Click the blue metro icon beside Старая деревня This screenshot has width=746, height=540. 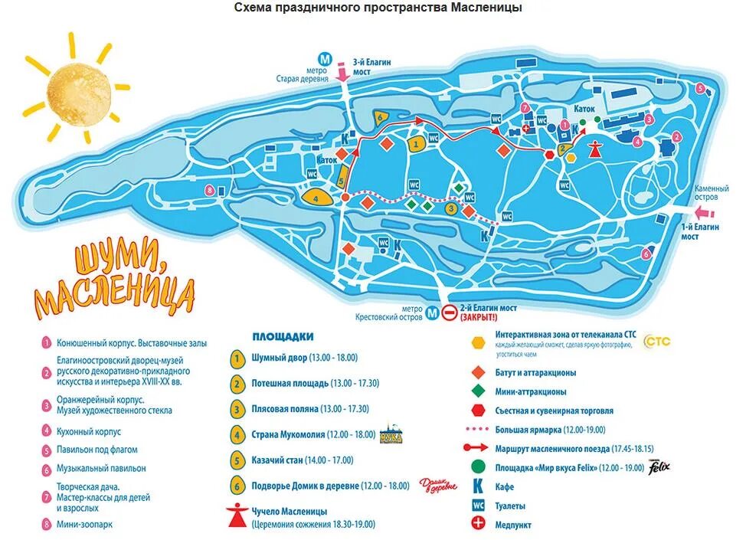click(326, 59)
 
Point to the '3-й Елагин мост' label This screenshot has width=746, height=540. click(372, 67)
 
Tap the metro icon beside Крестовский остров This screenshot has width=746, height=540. click(432, 313)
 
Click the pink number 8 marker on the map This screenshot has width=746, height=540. click(210, 190)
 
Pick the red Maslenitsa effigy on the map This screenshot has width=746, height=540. click(594, 147)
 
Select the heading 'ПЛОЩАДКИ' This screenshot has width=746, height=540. click(283, 336)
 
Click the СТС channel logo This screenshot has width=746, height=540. click(656, 341)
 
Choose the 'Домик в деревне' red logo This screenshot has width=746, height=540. click(437, 485)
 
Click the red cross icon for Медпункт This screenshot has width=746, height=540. click(479, 525)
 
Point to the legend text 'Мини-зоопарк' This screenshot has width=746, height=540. click(85, 525)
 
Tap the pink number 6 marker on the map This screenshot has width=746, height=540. click(646, 254)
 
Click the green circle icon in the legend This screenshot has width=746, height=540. click(479, 466)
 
